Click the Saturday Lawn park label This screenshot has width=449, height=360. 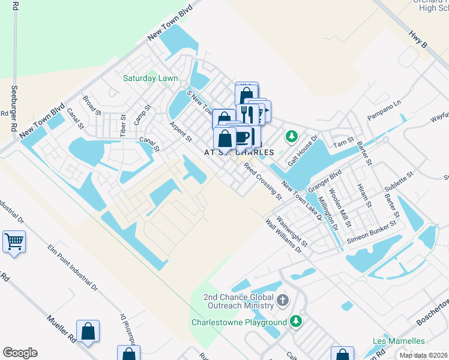[x=150, y=78]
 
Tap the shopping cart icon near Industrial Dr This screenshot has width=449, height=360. [x=14, y=242]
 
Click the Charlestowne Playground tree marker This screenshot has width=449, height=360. [x=295, y=322]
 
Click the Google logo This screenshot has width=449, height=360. [x=20, y=353]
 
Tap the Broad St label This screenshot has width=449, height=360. [x=92, y=104]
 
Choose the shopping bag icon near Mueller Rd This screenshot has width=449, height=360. [x=88, y=332]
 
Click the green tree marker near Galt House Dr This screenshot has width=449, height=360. [x=292, y=136]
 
